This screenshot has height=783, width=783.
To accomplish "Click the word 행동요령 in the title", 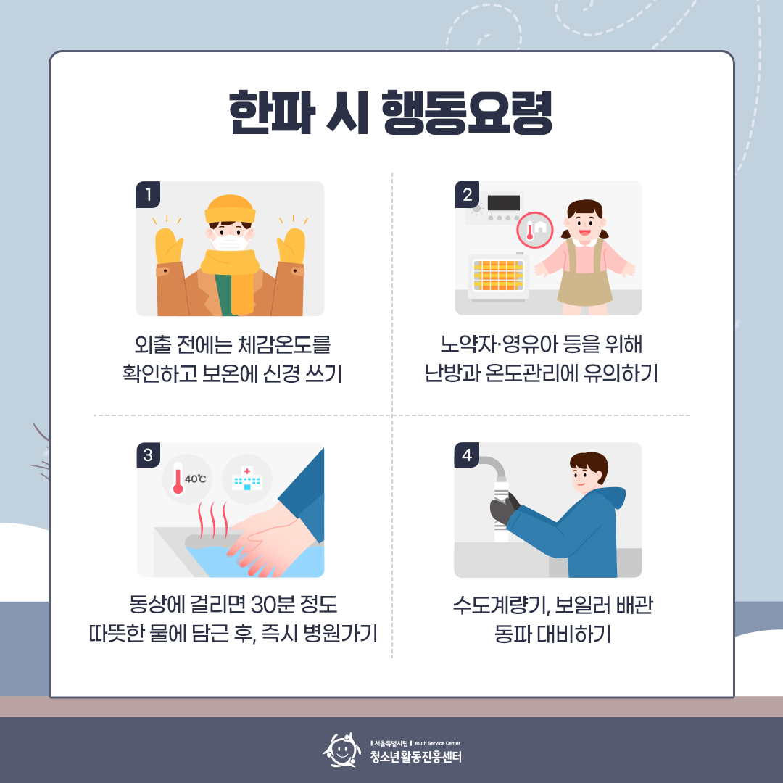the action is [467, 113].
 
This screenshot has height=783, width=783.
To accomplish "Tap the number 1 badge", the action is [148, 194].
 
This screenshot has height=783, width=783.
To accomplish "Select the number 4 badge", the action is [466, 455].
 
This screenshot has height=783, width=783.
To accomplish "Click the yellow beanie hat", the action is [231, 209].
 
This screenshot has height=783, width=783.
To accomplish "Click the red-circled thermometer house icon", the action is [535, 231].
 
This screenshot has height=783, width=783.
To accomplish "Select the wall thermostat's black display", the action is [504, 203].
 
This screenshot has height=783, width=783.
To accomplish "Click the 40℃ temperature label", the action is [195, 479].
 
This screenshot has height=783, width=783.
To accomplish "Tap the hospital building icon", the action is [246, 479].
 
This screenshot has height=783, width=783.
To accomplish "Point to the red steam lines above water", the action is [213, 520].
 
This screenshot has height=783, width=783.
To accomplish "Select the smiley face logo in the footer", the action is [341, 750].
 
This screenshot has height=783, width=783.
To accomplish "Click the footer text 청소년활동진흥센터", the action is [415, 757].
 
